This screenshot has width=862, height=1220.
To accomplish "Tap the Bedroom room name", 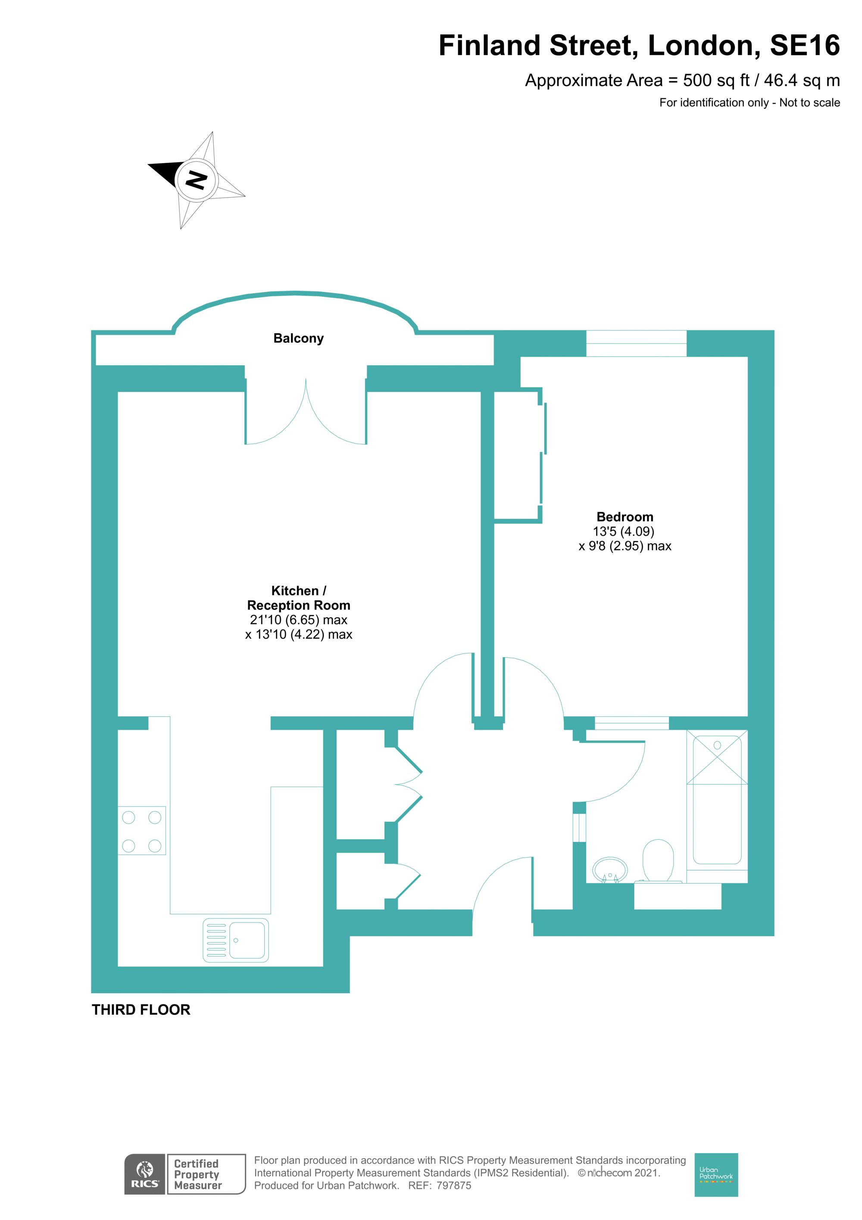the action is click(625, 517).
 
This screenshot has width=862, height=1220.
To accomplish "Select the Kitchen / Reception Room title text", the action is click(299, 598).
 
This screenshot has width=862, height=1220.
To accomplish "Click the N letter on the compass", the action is click(196, 180).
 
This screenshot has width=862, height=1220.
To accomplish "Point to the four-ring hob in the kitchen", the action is click(141, 831).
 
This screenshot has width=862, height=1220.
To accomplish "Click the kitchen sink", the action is click(236, 941).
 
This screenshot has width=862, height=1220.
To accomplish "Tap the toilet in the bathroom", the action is click(658, 862).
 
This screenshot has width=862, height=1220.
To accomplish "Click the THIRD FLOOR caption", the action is click(141, 1010).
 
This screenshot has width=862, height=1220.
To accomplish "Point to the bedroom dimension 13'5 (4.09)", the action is click(624, 531).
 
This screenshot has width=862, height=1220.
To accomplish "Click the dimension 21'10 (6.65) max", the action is click(299, 620).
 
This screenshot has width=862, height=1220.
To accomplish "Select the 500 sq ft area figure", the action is click(716, 80).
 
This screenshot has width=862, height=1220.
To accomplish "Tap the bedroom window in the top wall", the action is click(636, 343).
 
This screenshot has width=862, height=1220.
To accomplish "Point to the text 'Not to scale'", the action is click(809, 103).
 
